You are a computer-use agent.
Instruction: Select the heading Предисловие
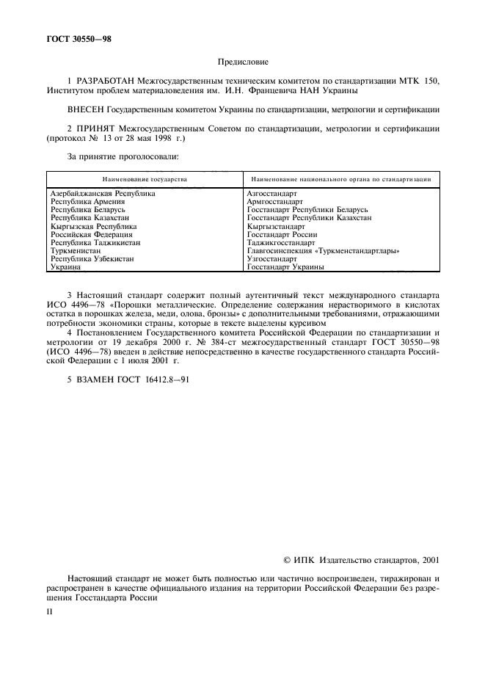[243, 63]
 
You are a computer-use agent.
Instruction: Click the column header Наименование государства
[145, 179]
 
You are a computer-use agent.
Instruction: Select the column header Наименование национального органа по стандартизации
[340, 179]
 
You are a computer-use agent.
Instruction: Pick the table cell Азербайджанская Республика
[103, 193]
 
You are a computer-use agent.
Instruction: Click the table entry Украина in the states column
[66, 268]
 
